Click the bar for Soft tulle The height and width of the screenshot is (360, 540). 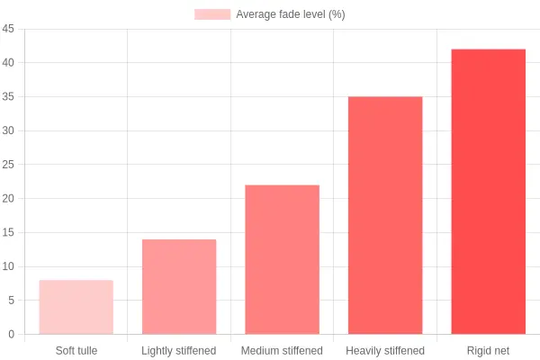[76, 307]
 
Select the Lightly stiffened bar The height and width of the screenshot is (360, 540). [179, 286]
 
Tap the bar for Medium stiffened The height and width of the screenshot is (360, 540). [282, 259]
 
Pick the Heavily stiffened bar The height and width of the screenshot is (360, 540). [385, 215]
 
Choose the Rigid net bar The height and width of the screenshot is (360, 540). [489, 192]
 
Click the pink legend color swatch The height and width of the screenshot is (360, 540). [212, 14]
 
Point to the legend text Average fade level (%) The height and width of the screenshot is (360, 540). [291, 14]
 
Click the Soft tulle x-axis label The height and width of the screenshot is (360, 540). [76, 351]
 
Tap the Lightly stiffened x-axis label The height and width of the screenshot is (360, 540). [179, 351]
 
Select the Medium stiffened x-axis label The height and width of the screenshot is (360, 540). [282, 351]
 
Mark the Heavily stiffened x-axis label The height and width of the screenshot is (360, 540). [385, 351]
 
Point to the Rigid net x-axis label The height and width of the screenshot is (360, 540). [488, 351]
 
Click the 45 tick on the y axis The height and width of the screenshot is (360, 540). [8, 29]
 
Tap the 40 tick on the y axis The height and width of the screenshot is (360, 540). [8, 62]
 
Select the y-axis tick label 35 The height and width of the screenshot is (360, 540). [8, 96]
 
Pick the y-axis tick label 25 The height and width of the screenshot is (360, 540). [8, 165]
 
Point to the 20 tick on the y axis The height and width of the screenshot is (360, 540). [8, 198]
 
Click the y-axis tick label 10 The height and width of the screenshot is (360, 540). [8, 266]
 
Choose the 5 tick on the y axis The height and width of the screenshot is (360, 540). [12, 300]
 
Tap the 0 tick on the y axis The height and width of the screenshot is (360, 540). [12, 334]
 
